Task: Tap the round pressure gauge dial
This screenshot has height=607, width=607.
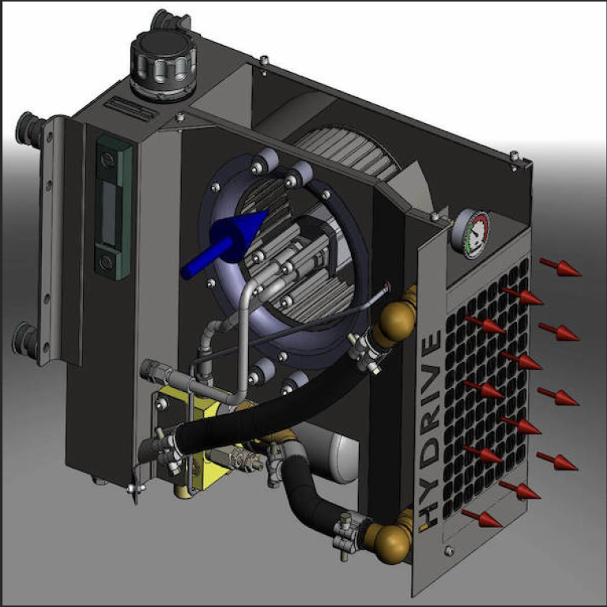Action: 470,235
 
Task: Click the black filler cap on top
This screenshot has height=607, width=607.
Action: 164,65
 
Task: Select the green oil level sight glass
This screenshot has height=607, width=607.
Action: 113,207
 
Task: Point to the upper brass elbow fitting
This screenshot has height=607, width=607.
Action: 398,316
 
